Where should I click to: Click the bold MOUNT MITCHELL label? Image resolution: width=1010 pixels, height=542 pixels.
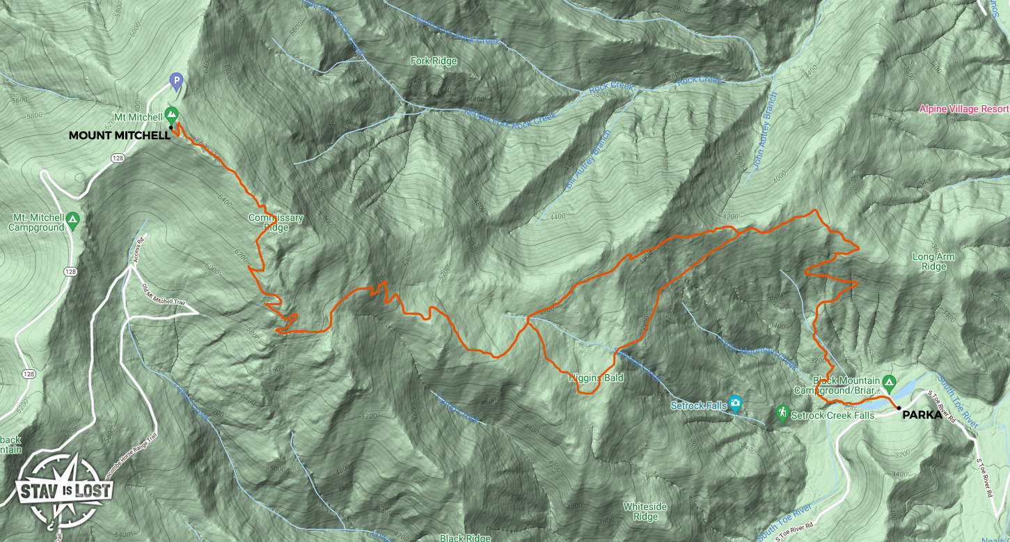point(119,136)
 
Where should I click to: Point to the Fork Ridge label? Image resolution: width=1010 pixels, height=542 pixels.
point(434,61)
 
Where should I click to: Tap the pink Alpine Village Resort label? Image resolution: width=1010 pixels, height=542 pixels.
point(963,109)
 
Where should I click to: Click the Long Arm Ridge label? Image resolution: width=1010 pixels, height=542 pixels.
point(933,262)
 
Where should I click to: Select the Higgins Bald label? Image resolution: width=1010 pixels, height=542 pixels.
point(585,378)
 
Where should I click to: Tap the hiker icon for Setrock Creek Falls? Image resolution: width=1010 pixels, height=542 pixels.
point(782,414)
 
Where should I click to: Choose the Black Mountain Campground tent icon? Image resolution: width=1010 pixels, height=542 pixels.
point(888,382)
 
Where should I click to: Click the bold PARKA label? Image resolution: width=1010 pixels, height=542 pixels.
point(922,416)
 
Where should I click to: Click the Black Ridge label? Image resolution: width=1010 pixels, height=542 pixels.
point(465,538)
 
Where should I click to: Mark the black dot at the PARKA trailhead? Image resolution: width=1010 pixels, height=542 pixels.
point(899,408)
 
